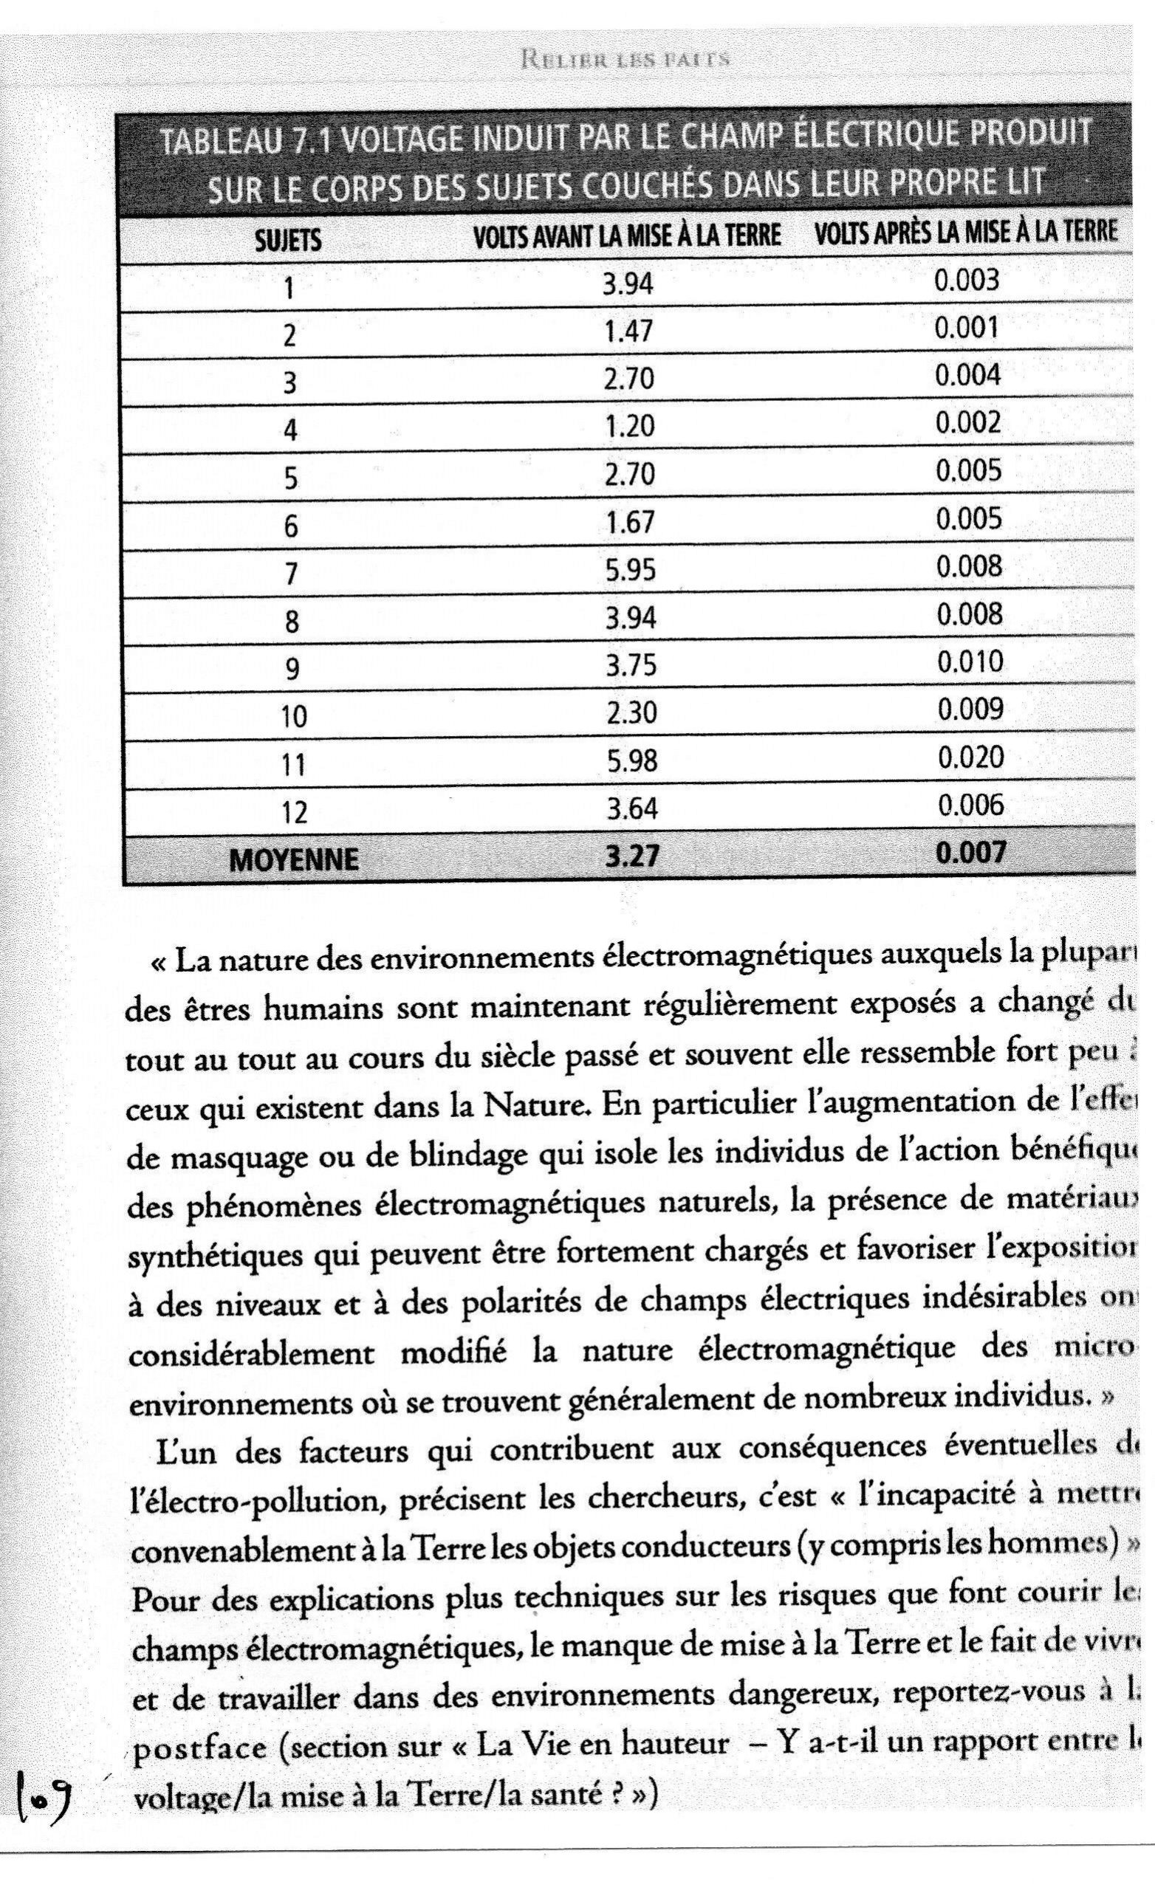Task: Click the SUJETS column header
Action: click(288, 241)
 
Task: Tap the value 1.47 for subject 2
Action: click(628, 331)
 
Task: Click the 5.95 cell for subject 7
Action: click(630, 570)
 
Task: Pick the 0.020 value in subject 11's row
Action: click(970, 757)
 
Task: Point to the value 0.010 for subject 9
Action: click(970, 661)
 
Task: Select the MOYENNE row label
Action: click(293, 859)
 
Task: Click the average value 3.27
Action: click(631, 855)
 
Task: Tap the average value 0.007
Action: click(970, 852)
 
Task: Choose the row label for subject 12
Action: click(294, 811)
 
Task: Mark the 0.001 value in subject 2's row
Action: click(966, 329)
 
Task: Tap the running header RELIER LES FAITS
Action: click(623, 59)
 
